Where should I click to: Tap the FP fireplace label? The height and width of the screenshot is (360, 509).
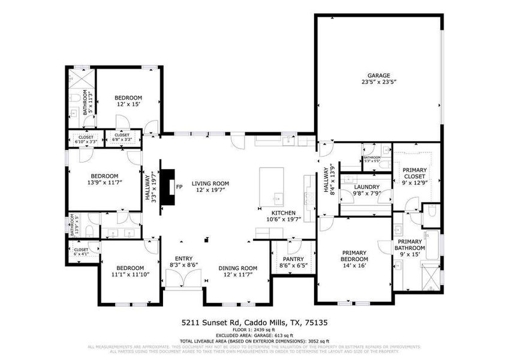click(x=179, y=187)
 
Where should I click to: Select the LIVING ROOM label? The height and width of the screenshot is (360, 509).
click(x=210, y=187)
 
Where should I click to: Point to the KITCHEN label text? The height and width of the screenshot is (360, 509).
click(x=283, y=216)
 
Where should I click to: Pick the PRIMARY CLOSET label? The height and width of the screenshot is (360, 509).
click(x=414, y=173)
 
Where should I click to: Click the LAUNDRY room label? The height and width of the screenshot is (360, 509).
click(x=366, y=190)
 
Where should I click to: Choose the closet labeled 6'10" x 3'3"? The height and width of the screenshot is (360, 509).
click(x=86, y=138)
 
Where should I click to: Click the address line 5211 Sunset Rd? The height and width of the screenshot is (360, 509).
click(x=254, y=323)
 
